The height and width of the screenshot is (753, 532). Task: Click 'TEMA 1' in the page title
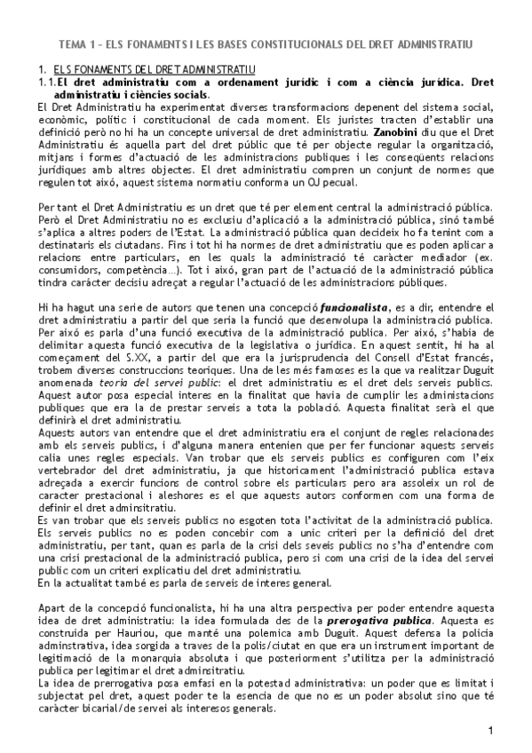[x=76, y=43]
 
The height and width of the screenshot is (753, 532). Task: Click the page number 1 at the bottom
[x=490, y=730]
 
